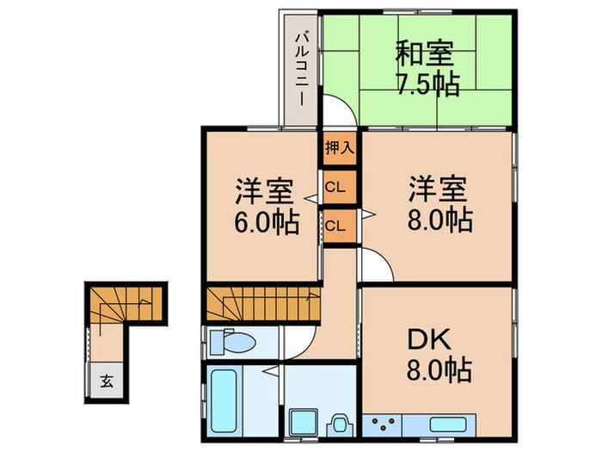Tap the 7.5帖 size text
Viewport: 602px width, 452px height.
(427, 84)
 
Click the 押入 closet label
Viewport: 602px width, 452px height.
(339, 147)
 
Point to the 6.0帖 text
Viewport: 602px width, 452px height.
(267, 223)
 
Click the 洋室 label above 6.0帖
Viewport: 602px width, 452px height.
(267, 190)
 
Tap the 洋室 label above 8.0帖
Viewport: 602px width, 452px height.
(438, 188)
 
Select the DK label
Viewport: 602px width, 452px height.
(439, 337)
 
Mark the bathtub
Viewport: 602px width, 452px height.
(225, 402)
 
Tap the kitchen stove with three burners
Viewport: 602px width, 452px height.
(384, 424)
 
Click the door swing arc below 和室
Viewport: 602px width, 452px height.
(339, 113)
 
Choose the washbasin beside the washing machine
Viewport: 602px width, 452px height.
(339, 424)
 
